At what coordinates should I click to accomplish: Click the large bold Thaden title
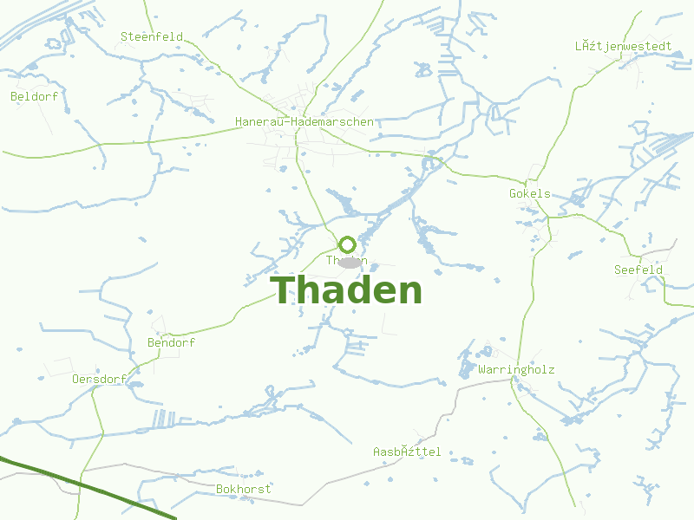(x=347, y=290)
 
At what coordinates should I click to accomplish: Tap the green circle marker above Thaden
(x=347, y=244)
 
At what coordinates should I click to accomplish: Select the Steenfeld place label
(x=152, y=36)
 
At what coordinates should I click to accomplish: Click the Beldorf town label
(x=35, y=96)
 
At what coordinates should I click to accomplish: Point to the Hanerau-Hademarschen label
(x=304, y=121)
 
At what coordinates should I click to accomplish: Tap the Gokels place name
(x=529, y=193)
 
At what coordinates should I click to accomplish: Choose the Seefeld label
(x=638, y=270)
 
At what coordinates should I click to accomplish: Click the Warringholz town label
(x=516, y=369)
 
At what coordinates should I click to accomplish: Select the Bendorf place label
(x=172, y=342)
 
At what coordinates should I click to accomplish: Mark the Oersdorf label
(x=99, y=379)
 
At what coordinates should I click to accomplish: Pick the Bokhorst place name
(x=244, y=489)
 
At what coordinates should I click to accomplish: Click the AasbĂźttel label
(x=407, y=452)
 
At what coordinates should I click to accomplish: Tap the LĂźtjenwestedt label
(x=623, y=45)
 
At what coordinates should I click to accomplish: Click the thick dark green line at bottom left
(x=87, y=488)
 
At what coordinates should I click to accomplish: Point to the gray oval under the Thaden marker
(x=349, y=262)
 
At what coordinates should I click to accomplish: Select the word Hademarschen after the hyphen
(x=334, y=121)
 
